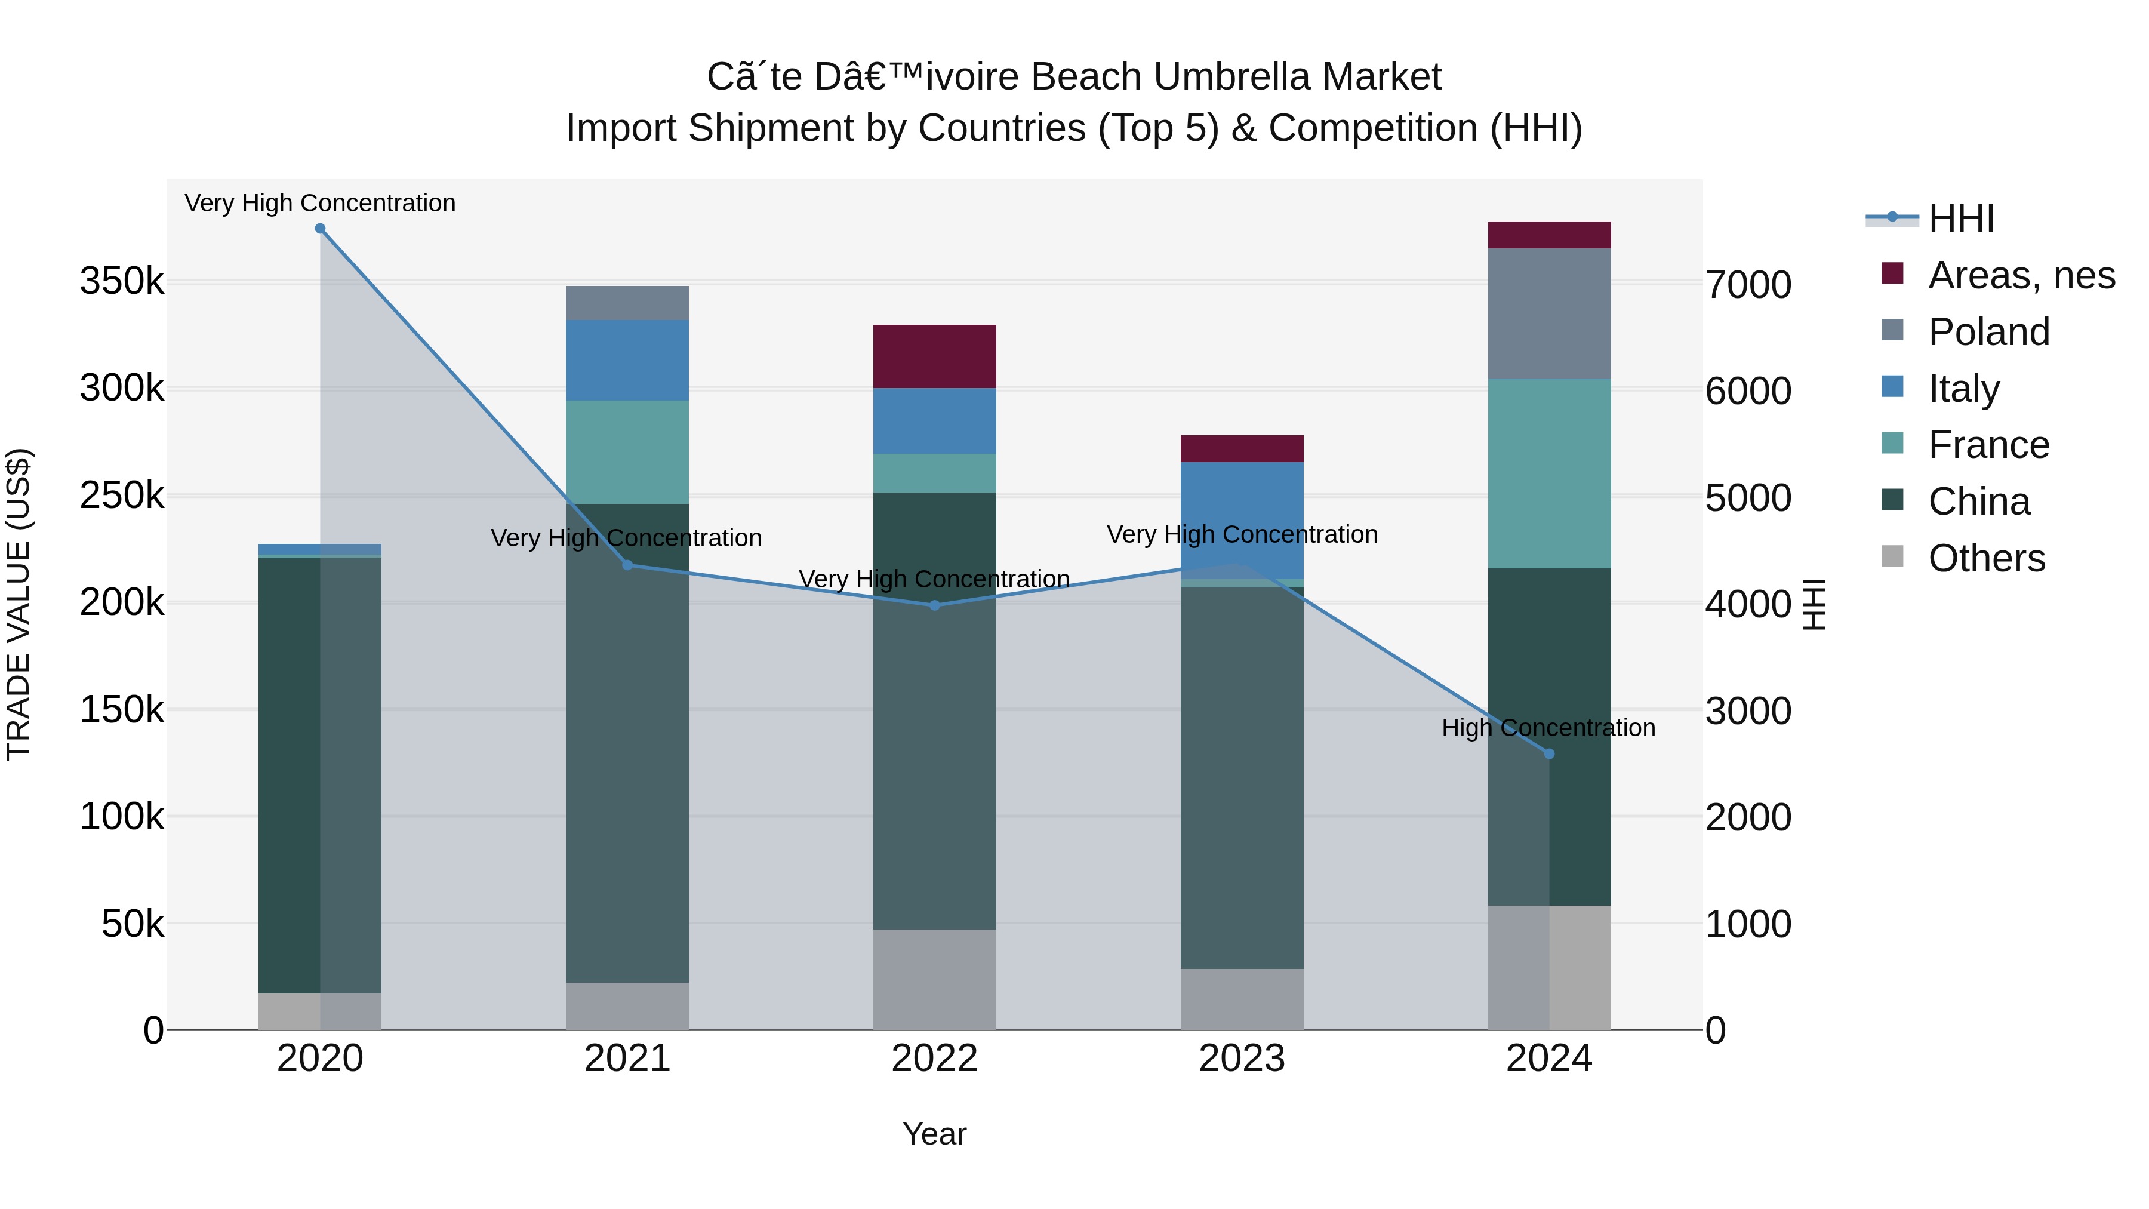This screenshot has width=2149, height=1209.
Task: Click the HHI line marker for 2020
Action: pyautogui.click(x=321, y=229)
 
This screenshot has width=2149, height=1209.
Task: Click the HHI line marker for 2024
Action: pyautogui.click(x=1549, y=753)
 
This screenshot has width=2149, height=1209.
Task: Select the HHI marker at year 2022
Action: pyautogui.click(x=934, y=606)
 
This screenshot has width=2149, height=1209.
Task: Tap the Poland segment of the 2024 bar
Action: pyautogui.click(x=1549, y=313)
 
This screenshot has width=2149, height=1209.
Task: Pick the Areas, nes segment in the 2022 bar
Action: pyautogui.click(x=934, y=356)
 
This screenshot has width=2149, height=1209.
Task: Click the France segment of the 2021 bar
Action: pyautogui.click(x=627, y=451)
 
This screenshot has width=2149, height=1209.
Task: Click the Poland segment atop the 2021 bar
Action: pyautogui.click(x=627, y=303)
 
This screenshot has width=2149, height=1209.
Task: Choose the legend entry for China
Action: pyautogui.click(x=1979, y=502)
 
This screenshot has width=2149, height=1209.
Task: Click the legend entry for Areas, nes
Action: pyautogui.click(x=2021, y=275)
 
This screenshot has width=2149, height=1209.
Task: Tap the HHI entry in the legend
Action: pyautogui.click(x=1960, y=219)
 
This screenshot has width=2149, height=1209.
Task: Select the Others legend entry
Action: pyautogui.click(x=1985, y=558)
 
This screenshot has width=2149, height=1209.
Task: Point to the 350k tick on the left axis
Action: pyautogui.click(x=122, y=281)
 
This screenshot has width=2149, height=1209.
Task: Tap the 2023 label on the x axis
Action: pyautogui.click(x=1242, y=1059)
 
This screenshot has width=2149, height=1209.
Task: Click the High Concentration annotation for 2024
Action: pyautogui.click(x=1548, y=728)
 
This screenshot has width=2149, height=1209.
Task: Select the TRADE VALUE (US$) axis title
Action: pyautogui.click(x=19, y=604)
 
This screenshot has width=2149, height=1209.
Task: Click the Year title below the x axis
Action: pyautogui.click(x=934, y=1134)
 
